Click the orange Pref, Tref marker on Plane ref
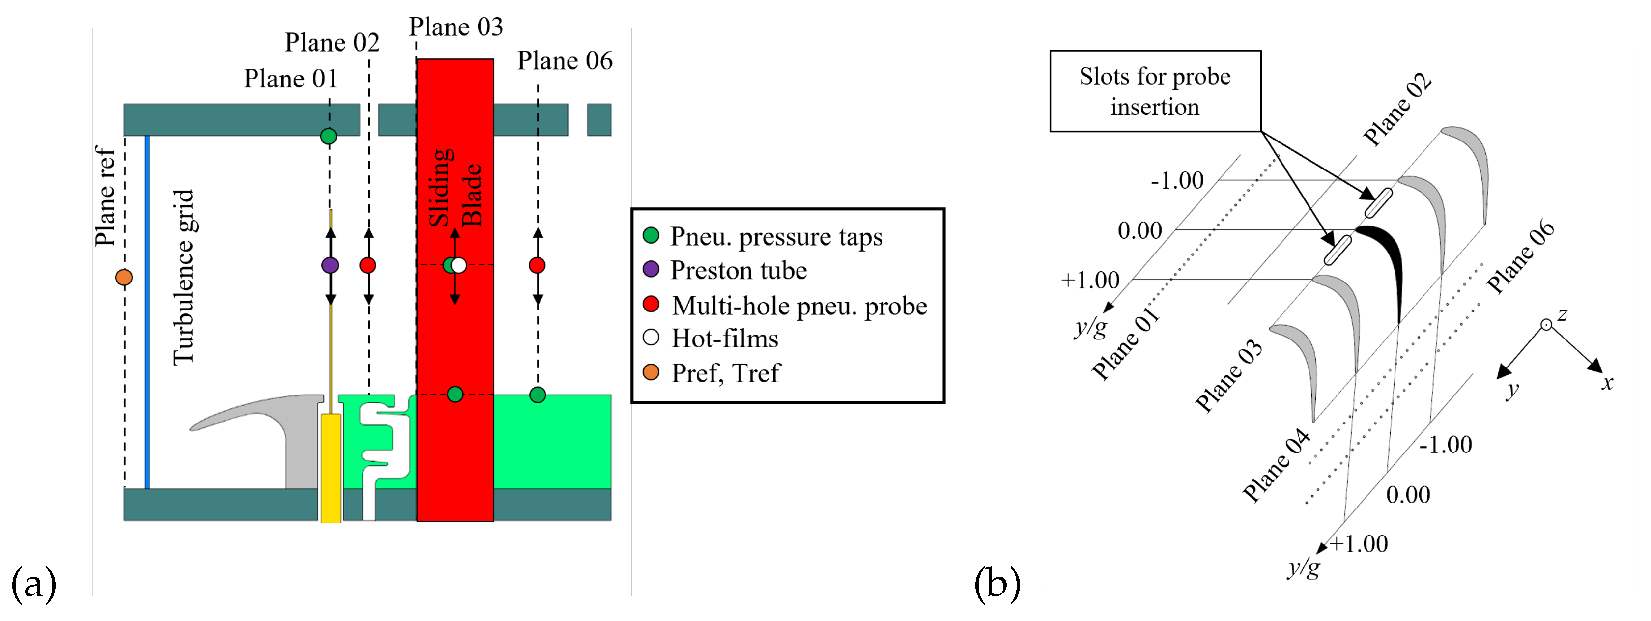(124, 278)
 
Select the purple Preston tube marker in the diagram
(330, 265)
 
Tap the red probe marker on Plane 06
(537, 265)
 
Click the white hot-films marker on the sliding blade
(459, 265)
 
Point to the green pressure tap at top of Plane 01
(328, 136)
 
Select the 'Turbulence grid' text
(184, 278)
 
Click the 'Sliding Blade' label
(455, 188)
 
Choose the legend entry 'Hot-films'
(724, 339)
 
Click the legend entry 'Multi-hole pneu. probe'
(798, 306)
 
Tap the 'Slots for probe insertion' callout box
(1154, 91)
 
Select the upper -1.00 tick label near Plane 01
(1177, 180)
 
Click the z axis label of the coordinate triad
(1563, 314)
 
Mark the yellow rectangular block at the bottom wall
(331, 468)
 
